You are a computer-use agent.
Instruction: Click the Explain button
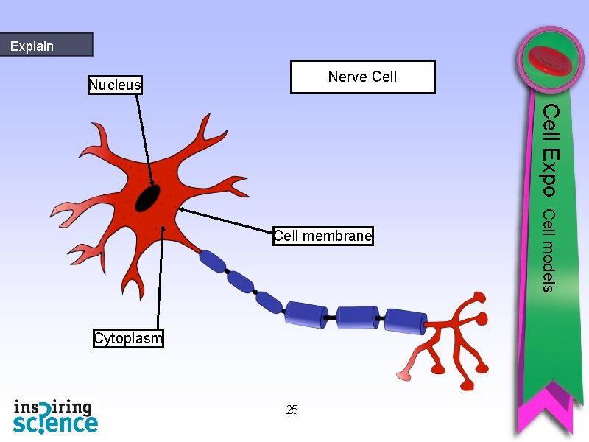click(46, 45)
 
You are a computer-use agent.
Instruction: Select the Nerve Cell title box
click(362, 77)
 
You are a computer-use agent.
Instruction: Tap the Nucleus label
click(115, 85)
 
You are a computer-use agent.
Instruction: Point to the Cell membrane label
click(322, 236)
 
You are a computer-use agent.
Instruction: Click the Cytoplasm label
click(128, 339)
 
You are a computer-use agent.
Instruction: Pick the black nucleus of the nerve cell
click(148, 197)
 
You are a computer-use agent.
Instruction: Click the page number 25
click(292, 410)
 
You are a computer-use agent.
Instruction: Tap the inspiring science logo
click(55, 415)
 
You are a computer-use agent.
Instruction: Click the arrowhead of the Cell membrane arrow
click(180, 210)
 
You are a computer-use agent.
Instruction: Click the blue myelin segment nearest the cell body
click(213, 261)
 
